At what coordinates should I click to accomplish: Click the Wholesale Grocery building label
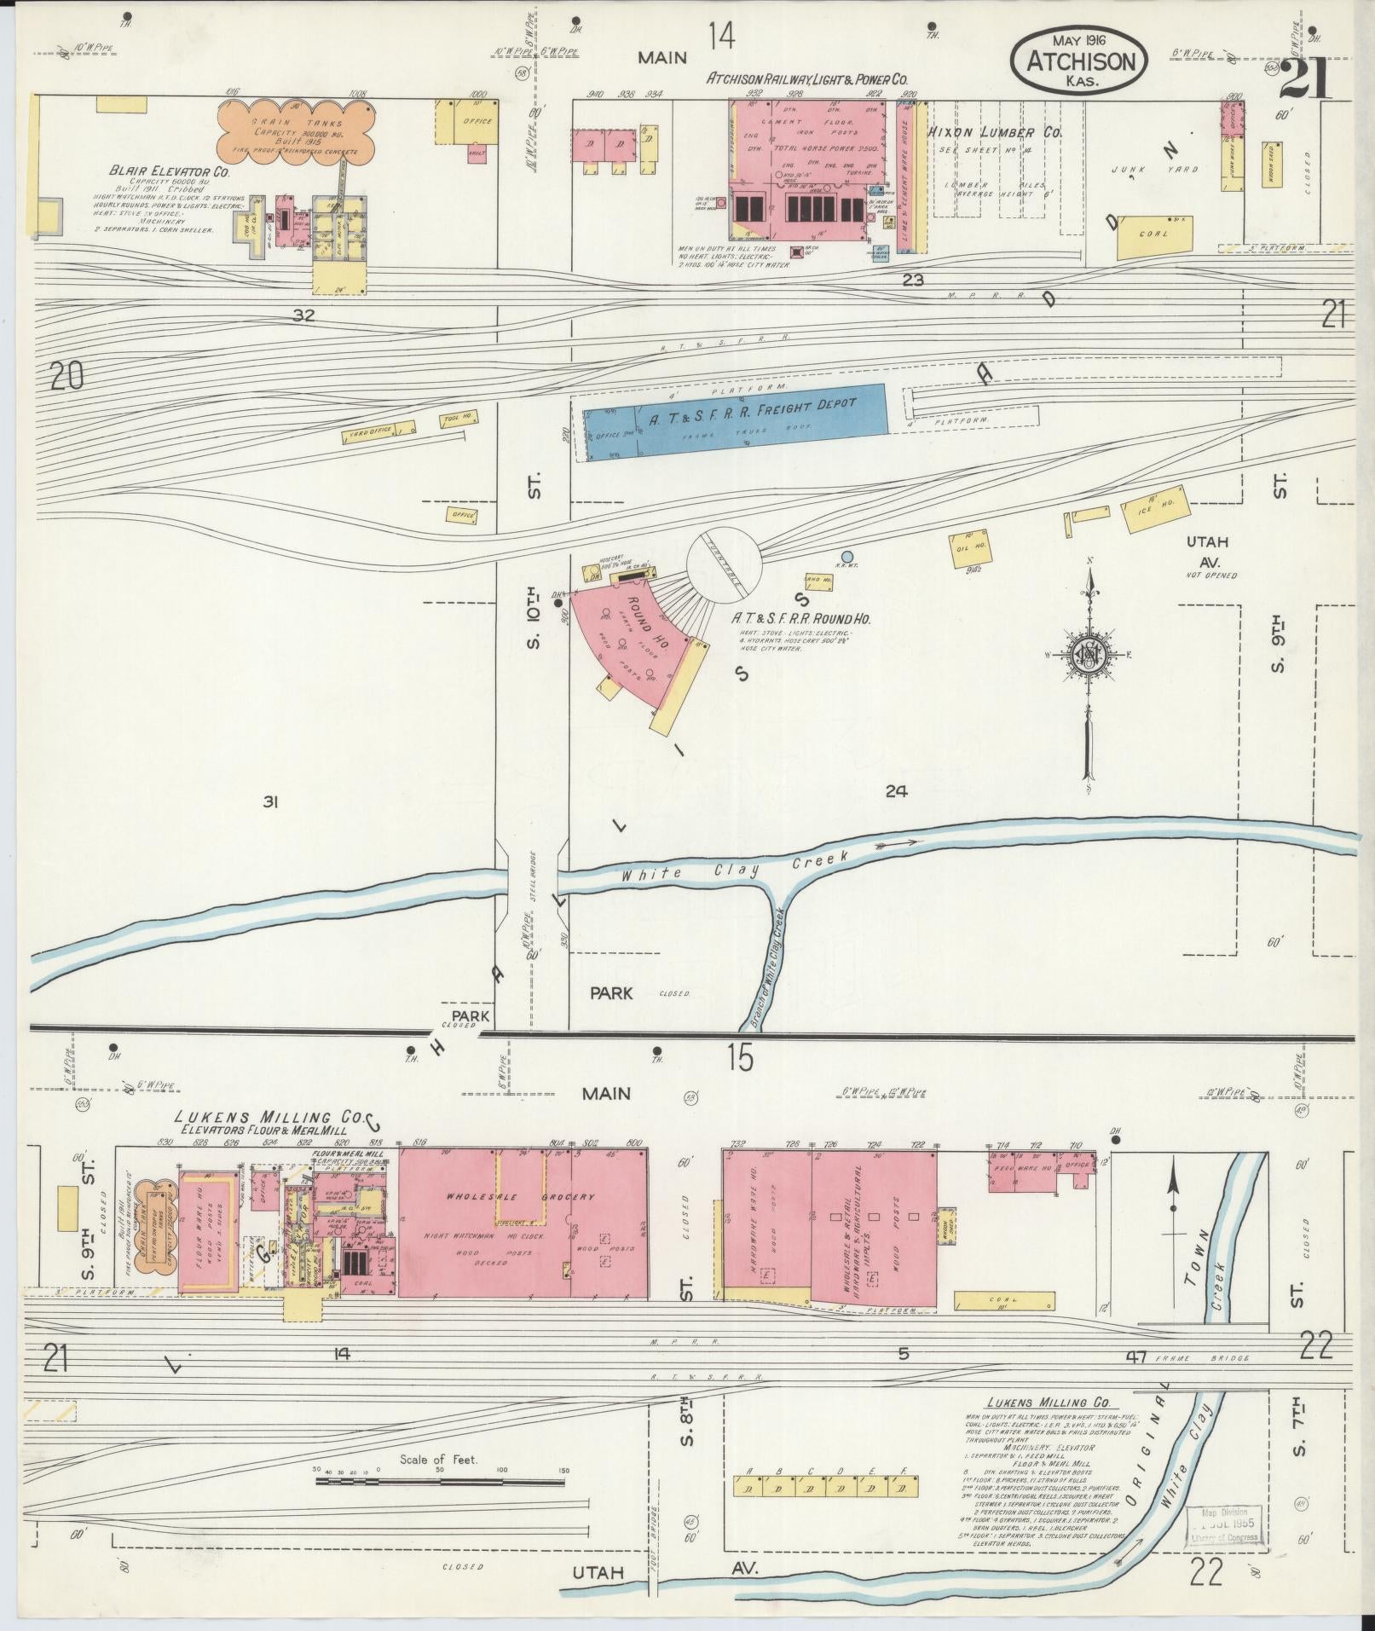[x=520, y=1197]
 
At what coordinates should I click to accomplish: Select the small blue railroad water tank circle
[x=846, y=557]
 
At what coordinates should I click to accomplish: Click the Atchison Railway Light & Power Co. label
[x=807, y=79]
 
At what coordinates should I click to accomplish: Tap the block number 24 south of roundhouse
[x=895, y=791]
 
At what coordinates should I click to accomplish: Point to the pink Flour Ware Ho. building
[x=205, y=1235]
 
